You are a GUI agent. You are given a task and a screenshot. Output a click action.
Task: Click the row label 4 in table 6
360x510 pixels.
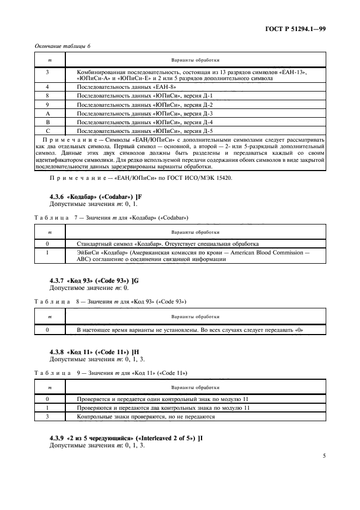pyautogui.click(x=48, y=87)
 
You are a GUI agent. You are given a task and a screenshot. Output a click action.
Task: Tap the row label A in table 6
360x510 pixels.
pyautogui.click(x=48, y=113)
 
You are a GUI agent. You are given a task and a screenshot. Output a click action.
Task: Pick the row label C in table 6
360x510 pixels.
pyautogui.click(x=48, y=131)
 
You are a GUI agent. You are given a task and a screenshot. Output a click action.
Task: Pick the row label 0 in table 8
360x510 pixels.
pyautogui.click(x=48, y=330)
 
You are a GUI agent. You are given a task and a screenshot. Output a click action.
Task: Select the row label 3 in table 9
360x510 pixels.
pyautogui.click(x=48, y=416)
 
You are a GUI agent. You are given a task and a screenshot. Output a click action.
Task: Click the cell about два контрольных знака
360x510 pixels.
pyautogui.click(x=163, y=408)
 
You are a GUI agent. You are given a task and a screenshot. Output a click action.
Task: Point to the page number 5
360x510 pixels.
pyautogui.click(x=324, y=464)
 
